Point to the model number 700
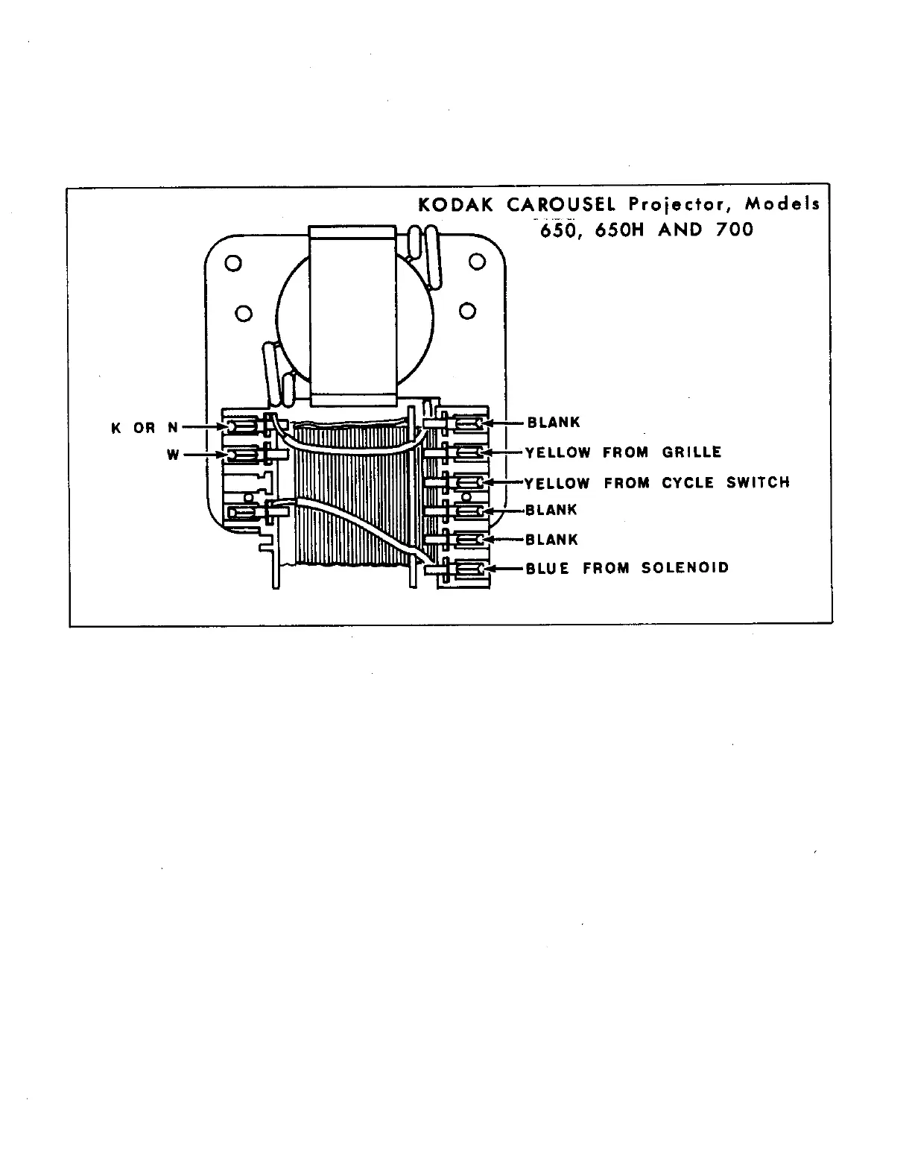pos(734,230)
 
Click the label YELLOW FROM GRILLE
pos(623,452)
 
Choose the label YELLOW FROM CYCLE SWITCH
pos(656,483)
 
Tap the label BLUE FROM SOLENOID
pos(627,568)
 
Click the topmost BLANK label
pos(554,423)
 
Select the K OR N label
pos(145,428)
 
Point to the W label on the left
pos(173,455)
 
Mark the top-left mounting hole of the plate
pos(232,263)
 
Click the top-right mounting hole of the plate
pos(478,262)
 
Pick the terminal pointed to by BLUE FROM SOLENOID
pos(469,569)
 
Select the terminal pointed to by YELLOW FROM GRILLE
pos(469,452)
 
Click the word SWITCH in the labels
pos(757,483)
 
